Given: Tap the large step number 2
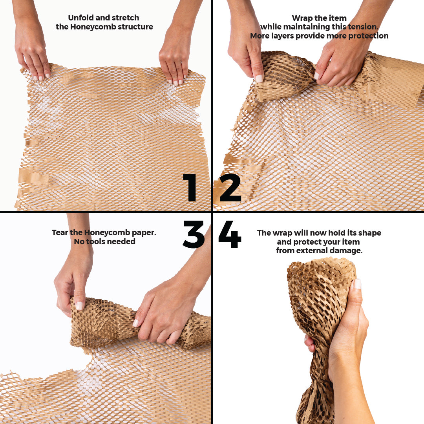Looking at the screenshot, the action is tap(230, 188).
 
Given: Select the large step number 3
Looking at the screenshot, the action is tap(193, 234).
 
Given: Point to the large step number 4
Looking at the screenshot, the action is tap(230, 234).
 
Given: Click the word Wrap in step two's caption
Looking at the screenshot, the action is tap(302, 18).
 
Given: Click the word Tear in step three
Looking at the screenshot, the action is tap(60, 232).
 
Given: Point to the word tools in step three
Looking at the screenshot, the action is tap(95, 241).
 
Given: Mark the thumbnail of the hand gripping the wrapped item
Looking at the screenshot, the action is tap(358, 284).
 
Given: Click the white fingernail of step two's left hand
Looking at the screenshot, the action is tap(259, 78).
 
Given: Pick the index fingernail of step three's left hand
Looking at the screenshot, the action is tap(79, 305).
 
